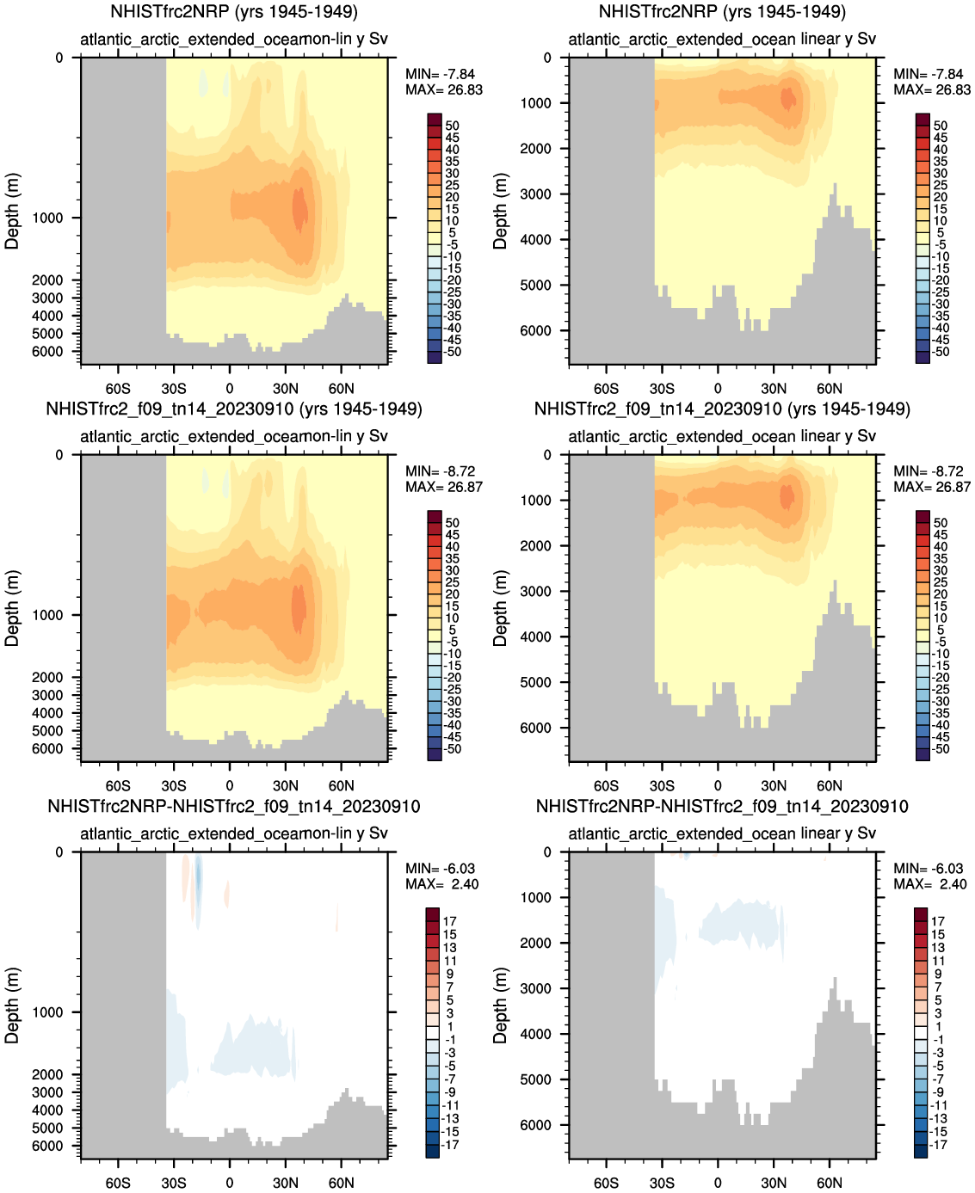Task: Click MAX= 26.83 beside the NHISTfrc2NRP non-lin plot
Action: point(444,89)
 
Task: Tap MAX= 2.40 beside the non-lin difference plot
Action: point(442,884)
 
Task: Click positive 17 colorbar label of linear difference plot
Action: point(938,921)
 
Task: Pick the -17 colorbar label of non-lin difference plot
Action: point(449,1145)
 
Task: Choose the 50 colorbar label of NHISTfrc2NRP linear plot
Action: point(941,126)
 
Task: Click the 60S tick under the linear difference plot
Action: point(606,1183)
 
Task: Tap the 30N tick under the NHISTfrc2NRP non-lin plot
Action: point(286,388)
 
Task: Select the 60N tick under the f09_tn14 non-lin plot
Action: point(341,785)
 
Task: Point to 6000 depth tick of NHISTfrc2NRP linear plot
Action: point(536,330)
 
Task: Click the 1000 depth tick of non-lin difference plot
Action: point(47,1012)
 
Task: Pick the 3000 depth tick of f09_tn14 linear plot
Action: point(536,591)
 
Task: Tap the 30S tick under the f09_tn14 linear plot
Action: point(662,785)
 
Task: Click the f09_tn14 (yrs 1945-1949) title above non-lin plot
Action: point(234,409)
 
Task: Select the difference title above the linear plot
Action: point(722,807)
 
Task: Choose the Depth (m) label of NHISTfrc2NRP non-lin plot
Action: point(11,212)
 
